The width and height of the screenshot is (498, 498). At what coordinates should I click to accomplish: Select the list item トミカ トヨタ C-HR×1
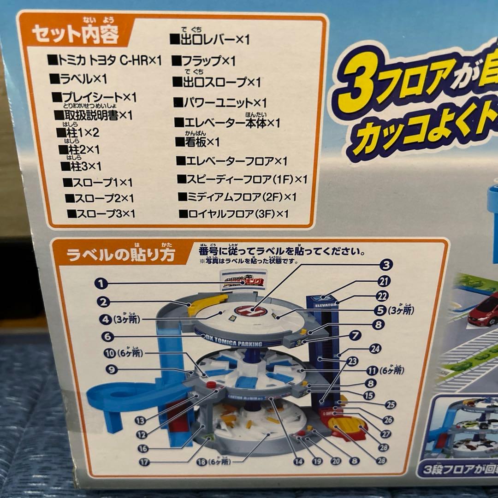click(104, 60)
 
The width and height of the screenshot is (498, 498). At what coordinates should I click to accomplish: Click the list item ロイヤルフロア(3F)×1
click(233, 213)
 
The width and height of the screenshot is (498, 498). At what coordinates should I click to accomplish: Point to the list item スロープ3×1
click(101, 213)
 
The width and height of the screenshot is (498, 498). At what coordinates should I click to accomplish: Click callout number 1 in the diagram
click(102, 283)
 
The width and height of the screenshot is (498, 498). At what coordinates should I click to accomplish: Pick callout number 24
click(375, 349)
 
